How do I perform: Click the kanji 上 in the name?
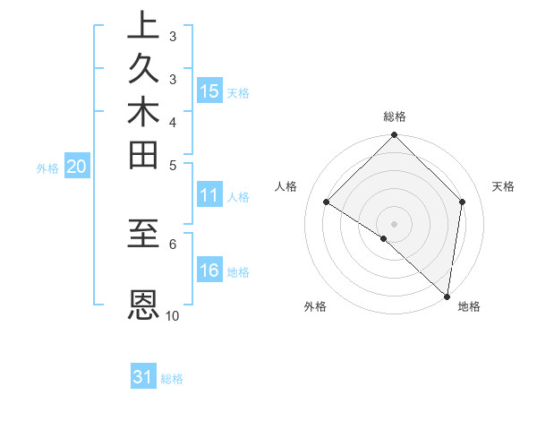click(143, 26)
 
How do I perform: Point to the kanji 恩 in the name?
click(143, 305)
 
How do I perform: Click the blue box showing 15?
click(209, 90)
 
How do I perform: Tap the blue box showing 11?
click(209, 196)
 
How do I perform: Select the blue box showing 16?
click(209, 271)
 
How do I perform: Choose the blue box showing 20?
click(77, 166)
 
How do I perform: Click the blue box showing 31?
click(143, 377)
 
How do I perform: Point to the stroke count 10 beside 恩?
click(173, 315)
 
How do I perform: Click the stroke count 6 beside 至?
click(173, 243)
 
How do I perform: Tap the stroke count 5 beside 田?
click(173, 165)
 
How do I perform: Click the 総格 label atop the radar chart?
click(395, 116)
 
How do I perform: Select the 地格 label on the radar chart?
click(469, 306)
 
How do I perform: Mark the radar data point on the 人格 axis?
click(327, 202)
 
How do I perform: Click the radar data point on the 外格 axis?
click(384, 238)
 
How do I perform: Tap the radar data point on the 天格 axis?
click(463, 202)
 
